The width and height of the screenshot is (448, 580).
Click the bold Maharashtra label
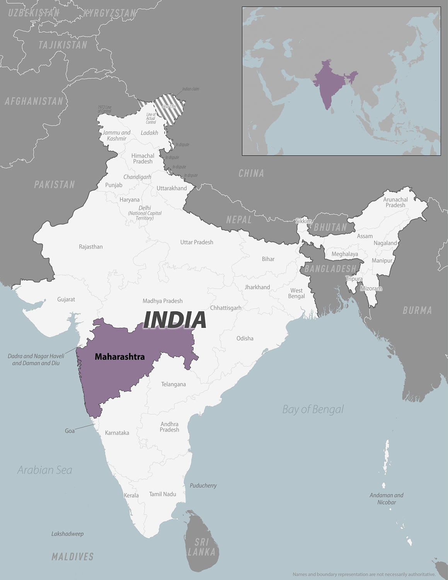point(120,357)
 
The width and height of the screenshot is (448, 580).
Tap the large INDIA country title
point(175,320)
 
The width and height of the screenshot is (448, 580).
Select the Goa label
point(70,431)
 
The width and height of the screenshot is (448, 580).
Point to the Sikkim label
point(303,221)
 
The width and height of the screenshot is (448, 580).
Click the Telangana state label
point(173,384)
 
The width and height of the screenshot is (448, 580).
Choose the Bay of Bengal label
point(313,409)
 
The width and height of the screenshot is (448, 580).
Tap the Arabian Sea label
point(45,470)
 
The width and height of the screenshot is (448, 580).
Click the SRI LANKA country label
point(201,547)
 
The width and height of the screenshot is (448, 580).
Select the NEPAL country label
point(239,220)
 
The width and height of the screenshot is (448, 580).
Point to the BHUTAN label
point(330,227)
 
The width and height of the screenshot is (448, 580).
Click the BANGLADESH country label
point(330,268)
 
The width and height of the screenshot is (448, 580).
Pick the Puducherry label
point(203,486)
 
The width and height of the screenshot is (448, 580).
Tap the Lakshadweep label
point(67,534)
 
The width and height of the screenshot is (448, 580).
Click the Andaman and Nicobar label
point(387,499)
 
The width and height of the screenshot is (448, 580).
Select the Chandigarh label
point(137,177)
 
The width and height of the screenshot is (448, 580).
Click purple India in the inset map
point(329,83)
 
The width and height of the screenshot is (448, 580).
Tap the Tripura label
point(354,279)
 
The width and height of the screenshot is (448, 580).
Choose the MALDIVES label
point(73,557)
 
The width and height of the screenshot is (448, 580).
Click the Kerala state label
point(131,495)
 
